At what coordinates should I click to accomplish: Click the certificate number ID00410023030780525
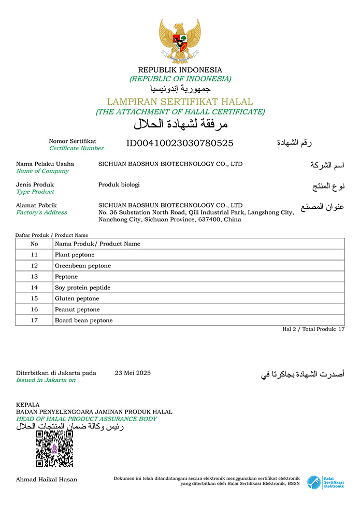coord(180,143)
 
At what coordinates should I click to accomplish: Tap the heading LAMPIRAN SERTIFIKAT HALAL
coord(180,102)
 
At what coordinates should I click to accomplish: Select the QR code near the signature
coord(54,449)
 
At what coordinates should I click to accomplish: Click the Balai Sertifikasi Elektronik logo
coord(325,482)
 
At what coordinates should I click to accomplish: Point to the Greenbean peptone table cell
coord(83,266)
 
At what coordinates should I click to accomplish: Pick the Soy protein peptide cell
coord(82,288)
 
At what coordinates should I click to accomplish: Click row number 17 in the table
coord(34,320)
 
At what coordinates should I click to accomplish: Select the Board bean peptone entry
coord(83,320)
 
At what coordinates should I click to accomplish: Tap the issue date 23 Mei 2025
coord(133,372)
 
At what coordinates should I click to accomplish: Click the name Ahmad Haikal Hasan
coord(47,479)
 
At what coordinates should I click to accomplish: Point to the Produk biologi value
coord(119,184)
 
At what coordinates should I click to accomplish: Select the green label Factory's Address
coord(41,212)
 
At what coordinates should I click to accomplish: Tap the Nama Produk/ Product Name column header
coord(97,244)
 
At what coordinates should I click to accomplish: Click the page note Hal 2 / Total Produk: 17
coord(313,329)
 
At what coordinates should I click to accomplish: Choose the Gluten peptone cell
coord(77,298)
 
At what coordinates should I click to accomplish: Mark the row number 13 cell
coord(34,277)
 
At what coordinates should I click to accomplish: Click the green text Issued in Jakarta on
coord(46,380)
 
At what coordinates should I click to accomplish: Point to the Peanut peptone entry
coord(77,309)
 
